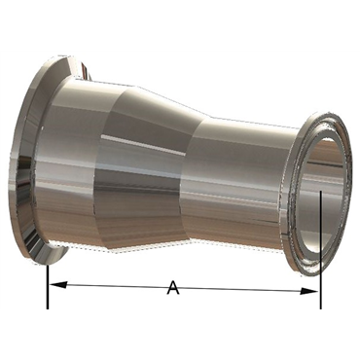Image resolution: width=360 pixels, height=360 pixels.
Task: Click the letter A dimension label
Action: click(173, 288)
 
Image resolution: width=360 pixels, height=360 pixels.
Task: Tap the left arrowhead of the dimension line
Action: click(58, 285)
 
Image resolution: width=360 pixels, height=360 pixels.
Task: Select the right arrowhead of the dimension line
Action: click(309, 291)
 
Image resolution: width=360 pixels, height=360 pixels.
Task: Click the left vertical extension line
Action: click(48, 287)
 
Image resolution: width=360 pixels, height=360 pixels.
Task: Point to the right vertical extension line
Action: click(321, 250)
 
